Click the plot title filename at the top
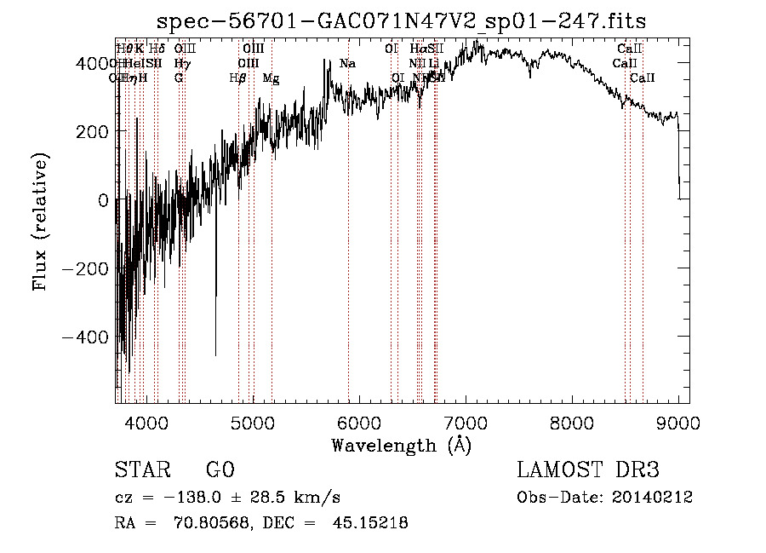pyautogui.click(x=402, y=22)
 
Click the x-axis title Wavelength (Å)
pyautogui.click(x=401, y=445)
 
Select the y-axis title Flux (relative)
pyautogui.click(x=41, y=222)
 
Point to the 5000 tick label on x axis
pyautogui.click(x=252, y=422)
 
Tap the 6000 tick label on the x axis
pyautogui.click(x=358, y=422)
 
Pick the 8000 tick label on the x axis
pyautogui.click(x=571, y=422)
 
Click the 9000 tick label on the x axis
pyautogui.click(x=677, y=422)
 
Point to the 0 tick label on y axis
pyautogui.click(x=103, y=200)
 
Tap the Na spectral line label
pyautogui.click(x=347, y=64)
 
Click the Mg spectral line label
pyautogui.click(x=271, y=78)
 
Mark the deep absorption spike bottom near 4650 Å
pyautogui.click(x=215, y=354)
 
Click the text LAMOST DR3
pyautogui.click(x=588, y=470)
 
